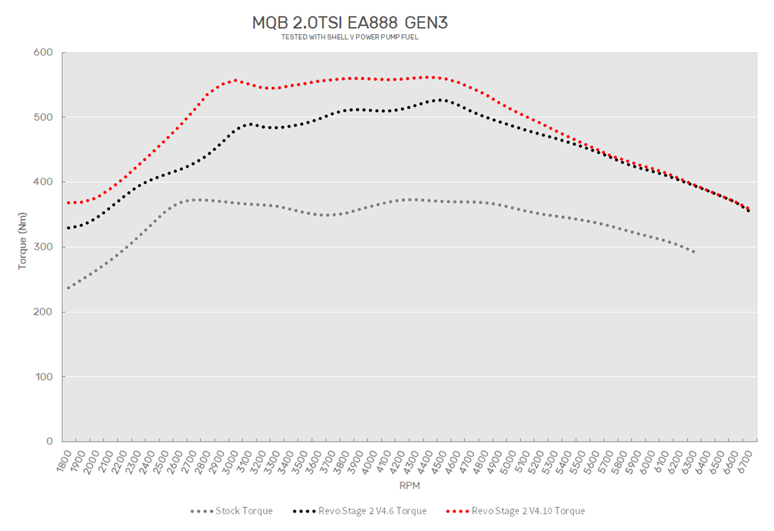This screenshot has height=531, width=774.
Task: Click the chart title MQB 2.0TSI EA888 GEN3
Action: click(350, 23)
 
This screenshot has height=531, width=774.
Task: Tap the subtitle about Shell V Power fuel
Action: click(350, 37)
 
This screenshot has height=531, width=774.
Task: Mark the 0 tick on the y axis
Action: click(49, 442)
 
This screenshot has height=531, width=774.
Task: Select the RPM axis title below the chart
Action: click(409, 486)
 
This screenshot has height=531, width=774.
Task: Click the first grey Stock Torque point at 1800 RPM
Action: click(68, 288)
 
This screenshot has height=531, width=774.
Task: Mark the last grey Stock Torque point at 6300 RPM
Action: click(693, 252)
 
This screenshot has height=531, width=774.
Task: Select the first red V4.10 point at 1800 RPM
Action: click(68, 202)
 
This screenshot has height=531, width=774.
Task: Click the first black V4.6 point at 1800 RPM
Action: click(68, 228)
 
